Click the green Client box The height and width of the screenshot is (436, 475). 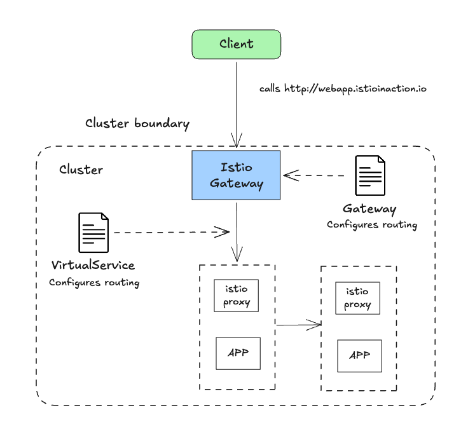[x=237, y=44]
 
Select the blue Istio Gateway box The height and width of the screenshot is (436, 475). [x=236, y=175]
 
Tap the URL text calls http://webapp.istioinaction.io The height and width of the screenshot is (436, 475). [x=343, y=88]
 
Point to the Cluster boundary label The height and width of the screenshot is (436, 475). [x=137, y=123]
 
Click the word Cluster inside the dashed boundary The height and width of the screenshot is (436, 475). [x=81, y=170]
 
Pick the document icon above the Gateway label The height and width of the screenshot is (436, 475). [x=370, y=176]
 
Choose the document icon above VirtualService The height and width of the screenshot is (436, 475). [x=93, y=233]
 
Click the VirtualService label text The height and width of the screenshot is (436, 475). [x=93, y=264]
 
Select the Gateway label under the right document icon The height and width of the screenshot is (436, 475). [x=369, y=209]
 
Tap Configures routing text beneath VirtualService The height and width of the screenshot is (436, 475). [x=94, y=282]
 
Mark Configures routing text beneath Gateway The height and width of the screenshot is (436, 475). [x=372, y=224]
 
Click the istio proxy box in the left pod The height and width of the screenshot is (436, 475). [x=236, y=296]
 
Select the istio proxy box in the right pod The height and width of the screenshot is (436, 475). [x=358, y=298]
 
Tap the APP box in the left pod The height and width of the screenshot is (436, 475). [x=238, y=353]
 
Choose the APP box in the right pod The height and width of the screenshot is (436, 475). [x=359, y=356]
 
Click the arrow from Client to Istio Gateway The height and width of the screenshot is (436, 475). [x=237, y=102]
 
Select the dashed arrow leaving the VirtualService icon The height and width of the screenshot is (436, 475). [x=169, y=232]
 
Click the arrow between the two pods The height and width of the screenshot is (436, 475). [x=298, y=325]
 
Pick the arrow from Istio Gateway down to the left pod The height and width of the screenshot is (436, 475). [x=237, y=232]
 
